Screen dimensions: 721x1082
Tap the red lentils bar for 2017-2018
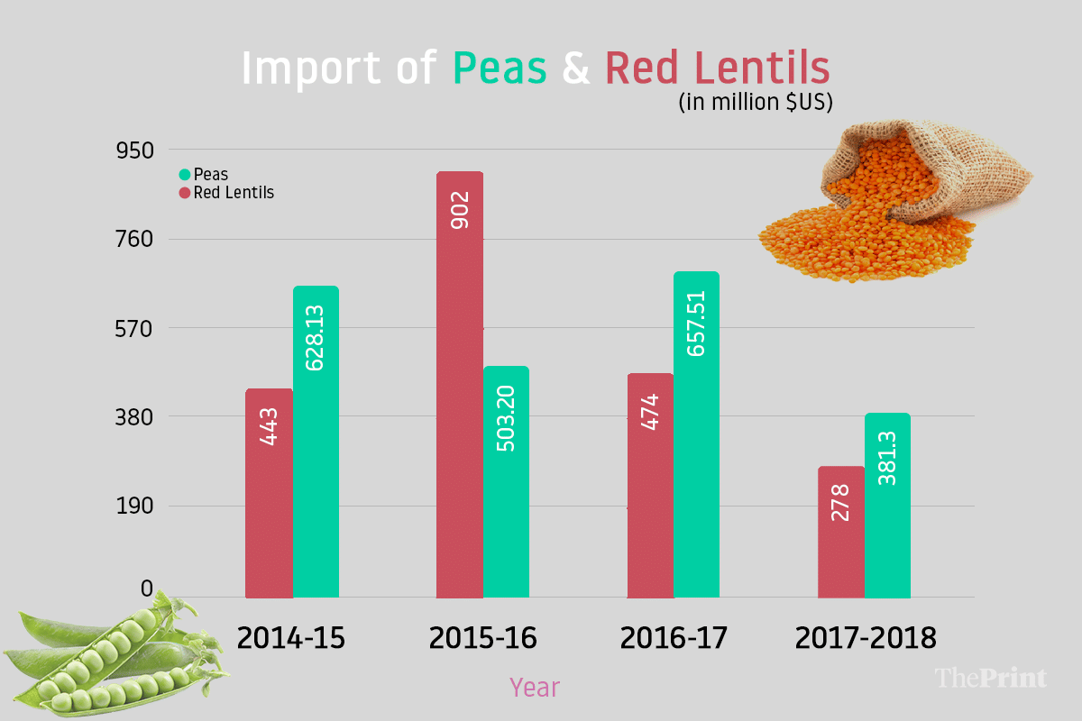(x=841, y=532)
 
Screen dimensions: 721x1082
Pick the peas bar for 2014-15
(x=316, y=442)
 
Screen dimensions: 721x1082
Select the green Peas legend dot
(x=185, y=175)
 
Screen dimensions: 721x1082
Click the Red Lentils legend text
(x=234, y=192)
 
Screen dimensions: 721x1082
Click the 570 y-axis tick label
(x=136, y=328)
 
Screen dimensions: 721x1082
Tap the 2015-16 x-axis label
(x=482, y=638)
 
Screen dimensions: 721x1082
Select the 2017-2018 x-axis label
(x=866, y=638)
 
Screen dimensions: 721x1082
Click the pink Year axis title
(x=535, y=688)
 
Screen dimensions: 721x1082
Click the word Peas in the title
(x=500, y=69)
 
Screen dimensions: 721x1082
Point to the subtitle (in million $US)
(x=755, y=101)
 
